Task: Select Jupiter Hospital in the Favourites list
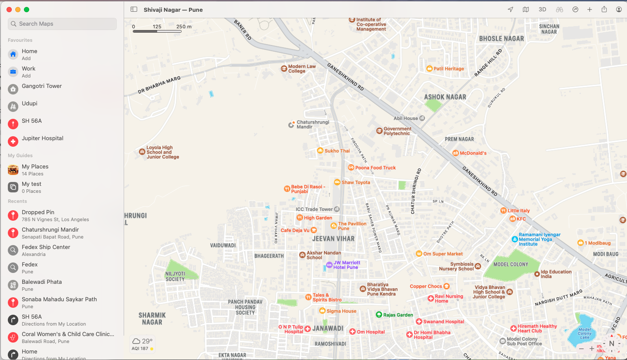click(x=42, y=138)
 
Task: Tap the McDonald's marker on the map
click(x=455, y=153)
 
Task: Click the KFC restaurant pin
click(x=512, y=219)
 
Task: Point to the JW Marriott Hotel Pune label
click(x=346, y=265)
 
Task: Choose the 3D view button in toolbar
click(x=542, y=10)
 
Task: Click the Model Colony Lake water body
click(x=584, y=333)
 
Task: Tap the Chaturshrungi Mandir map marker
click(x=292, y=125)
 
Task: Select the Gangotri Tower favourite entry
click(x=42, y=86)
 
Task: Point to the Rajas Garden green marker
click(x=379, y=315)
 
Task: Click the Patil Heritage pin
click(x=429, y=69)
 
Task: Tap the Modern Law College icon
click(x=284, y=69)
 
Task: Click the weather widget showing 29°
click(x=142, y=344)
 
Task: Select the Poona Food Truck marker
click(x=351, y=168)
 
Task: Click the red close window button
click(x=9, y=10)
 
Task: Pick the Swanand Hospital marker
click(x=419, y=322)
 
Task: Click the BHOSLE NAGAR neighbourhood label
click(x=501, y=39)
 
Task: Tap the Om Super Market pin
click(x=419, y=254)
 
